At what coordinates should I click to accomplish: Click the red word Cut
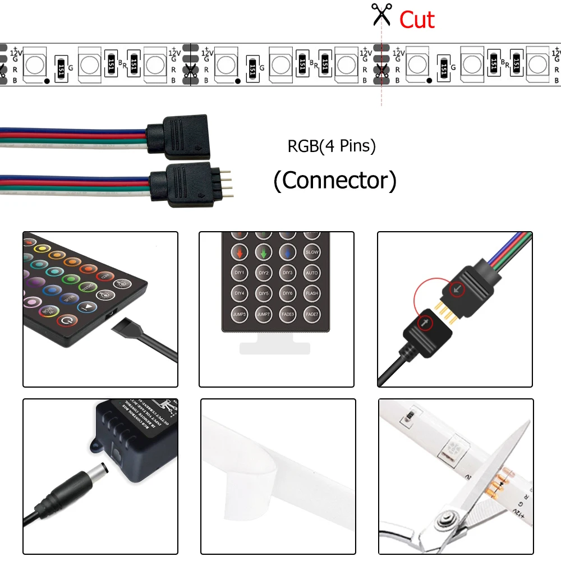tap(417, 20)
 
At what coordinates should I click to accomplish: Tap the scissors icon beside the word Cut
tap(381, 15)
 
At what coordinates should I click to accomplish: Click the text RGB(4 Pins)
tap(332, 146)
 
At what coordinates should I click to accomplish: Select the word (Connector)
tap(335, 181)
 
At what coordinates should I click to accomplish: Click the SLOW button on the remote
tap(312, 252)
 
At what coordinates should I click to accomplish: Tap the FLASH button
tap(312, 292)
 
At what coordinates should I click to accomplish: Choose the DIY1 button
tap(239, 273)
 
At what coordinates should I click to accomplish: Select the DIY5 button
tap(264, 292)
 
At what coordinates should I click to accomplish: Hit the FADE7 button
tap(312, 313)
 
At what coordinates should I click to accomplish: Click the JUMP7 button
tap(264, 313)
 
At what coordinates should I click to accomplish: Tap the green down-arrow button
tap(264, 252)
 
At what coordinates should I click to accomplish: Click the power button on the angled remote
tap(68, 321)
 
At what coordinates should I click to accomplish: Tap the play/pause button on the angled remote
tap(87, 307)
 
